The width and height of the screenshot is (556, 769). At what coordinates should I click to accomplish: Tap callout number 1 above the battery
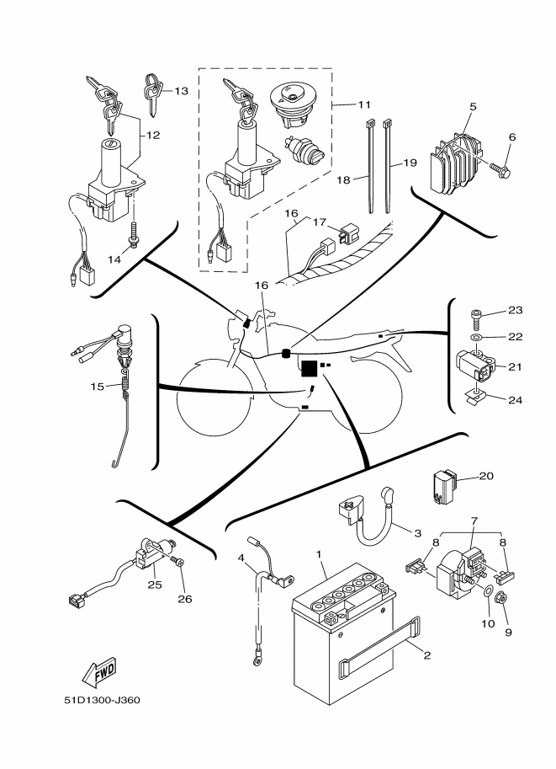[320, 553]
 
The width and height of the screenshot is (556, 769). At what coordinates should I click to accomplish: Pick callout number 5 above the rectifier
[474, 107]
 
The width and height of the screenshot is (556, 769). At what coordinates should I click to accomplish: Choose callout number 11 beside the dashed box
[364, 104]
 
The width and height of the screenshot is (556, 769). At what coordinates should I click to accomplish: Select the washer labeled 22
[475, 336]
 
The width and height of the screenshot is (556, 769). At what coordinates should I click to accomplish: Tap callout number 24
[516, 400]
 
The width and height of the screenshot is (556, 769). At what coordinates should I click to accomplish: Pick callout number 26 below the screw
[184, 599]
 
